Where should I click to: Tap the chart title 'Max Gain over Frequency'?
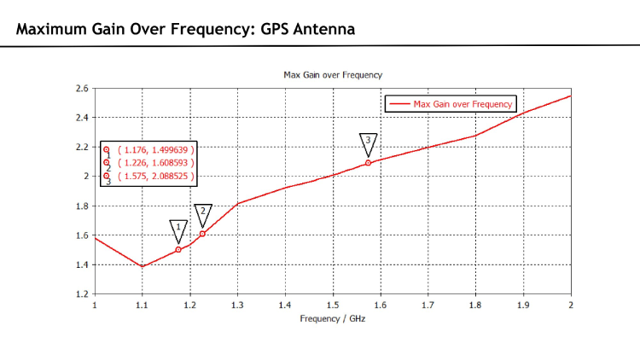pyautogui.click(x=333, y=75)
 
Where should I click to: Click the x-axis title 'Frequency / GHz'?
pyautogui.click(x=333, y=318)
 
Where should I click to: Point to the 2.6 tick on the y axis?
pyautogui.click(x=82, y=88)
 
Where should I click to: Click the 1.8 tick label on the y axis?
pyautogui.click(x=82, y=206)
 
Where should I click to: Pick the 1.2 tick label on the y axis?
pyautogui.click(x=82, y=294)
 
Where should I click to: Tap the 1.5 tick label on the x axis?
pyautogui.click(x=332, y=305)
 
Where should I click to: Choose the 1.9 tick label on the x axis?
pyautogui.click(x=522, y=305)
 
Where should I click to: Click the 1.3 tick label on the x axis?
pyautogui.click(x=237, y=305)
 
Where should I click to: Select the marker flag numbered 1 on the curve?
pyautogui.click(x=177, y=228)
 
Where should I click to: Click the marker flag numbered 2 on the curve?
pyautogui.click(x=203, y=212)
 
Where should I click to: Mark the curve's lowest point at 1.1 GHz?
pyautogui.click(x=142, y=266)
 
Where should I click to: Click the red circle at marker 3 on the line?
pyautogui.click(x=368, y=163)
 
